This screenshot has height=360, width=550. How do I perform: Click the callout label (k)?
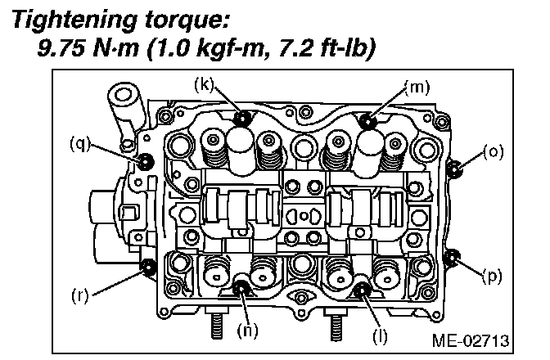coord(205,84)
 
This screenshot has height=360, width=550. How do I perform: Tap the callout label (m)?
coord(417,85)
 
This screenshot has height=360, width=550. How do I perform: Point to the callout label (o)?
coord(493,151)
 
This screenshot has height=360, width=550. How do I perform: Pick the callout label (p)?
coord(493,276)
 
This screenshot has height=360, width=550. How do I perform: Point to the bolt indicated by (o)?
coord(457,169)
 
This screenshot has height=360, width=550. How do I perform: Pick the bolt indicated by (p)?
coord(453,259)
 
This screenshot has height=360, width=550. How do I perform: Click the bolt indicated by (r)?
coord(149,266)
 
